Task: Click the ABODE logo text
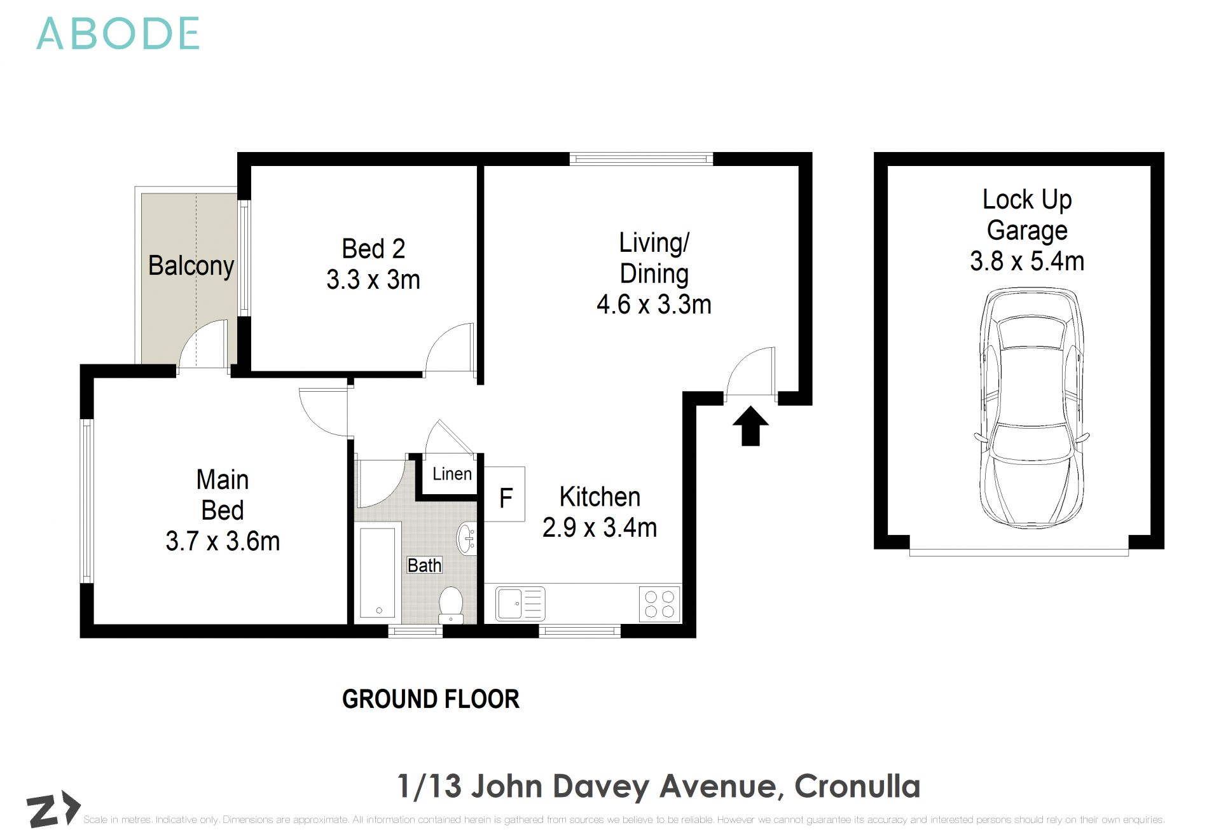(x=118, y=34)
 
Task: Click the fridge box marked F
(x=505, y=495)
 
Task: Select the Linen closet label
(x=452, y=474)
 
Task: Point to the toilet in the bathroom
(x=451, y=605)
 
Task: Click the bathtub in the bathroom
(x=377, y=571)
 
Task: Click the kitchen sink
(x=520, y=604)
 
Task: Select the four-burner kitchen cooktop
(x=659, y=604)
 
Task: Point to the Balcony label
(x=190, y=265)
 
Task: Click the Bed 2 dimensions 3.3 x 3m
(x=373, y=280)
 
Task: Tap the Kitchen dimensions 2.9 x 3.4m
(x=599, y=528)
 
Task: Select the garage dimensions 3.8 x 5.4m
(x=1026, y=261)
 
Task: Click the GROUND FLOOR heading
(x=431, y=699)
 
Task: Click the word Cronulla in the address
(x=857, y=786)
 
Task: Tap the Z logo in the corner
(x=52, y=810)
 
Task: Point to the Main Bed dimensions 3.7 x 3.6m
(x=223, y=542)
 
